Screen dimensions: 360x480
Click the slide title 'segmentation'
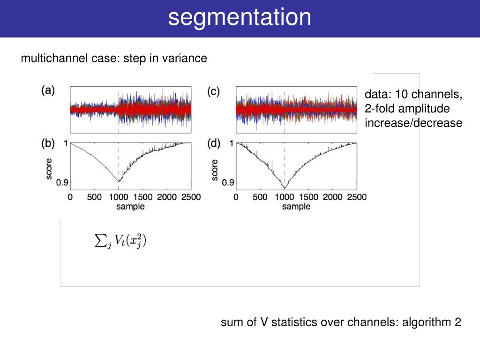[x=240, y=18]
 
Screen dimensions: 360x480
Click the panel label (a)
[x=48, y=90]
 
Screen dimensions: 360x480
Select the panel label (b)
[x=48, y=143]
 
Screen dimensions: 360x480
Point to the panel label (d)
[x=214, y=143]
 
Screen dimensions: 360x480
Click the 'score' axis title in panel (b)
[x=49, y=167]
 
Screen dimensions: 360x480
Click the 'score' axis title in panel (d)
[x=215, y=170]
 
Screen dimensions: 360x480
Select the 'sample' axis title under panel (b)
[x=131, y=206]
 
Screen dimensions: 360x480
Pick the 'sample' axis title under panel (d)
[x=296, y=206]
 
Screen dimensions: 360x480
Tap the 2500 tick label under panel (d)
[x=357, y=197]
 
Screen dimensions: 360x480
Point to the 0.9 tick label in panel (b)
[x=62, y=182]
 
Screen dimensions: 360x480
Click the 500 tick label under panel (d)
[x=260, y=197]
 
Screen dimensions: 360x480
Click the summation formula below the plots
[x=121, y=241]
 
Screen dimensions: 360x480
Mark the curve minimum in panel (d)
[x=284, y=188]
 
